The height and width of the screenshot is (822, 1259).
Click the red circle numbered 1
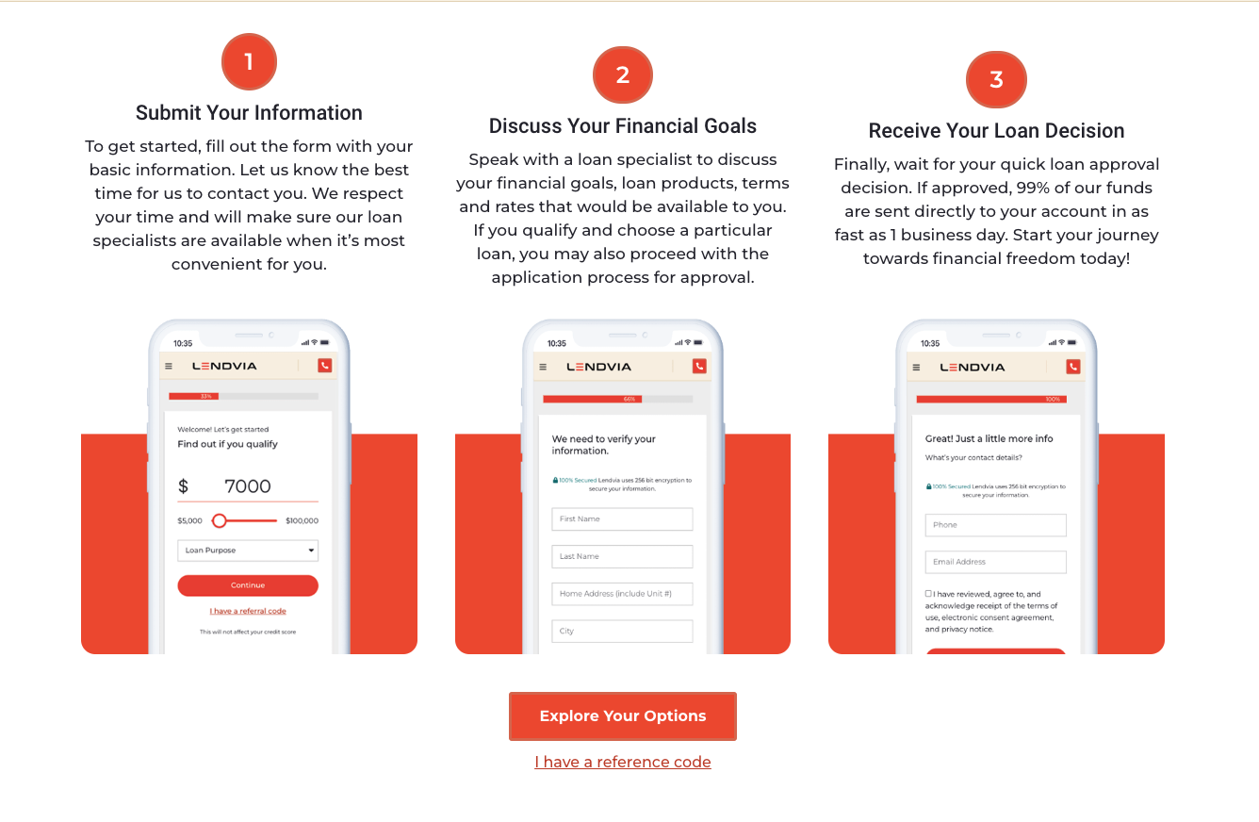(249, 61)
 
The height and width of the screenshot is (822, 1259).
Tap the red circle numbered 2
(623, 74)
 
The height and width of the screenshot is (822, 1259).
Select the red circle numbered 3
(996, 79)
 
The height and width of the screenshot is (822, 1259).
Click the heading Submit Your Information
(249, 113)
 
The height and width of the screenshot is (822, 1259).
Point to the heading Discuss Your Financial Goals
(623, 126)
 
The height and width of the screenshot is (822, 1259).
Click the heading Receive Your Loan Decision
(996, 130)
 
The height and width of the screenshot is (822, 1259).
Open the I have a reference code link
(623, 762)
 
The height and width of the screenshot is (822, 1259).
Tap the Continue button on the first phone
(248, 585)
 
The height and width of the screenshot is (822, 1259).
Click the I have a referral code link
(248, 611)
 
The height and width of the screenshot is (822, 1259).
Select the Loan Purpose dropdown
(248, 551)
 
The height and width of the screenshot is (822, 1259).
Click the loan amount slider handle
(220, 520)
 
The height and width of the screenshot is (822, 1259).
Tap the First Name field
(622, 519)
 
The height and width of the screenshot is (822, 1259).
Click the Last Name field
(622, 556)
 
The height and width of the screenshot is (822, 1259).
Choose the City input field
(622, 631)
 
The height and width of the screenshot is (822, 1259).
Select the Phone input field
(995, 525)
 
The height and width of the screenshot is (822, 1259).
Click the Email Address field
(995, 562)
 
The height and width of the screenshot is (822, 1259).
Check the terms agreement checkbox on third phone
(928, 593)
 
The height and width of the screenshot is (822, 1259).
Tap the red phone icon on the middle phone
(699, 367)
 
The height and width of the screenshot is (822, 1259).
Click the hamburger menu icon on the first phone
(169, 366)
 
